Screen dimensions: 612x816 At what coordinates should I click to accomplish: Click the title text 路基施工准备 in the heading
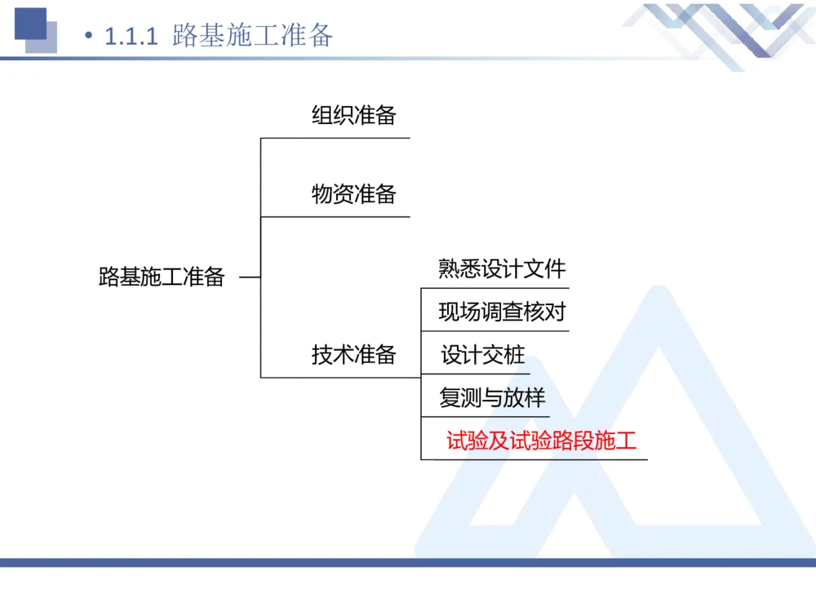tap(253, 36)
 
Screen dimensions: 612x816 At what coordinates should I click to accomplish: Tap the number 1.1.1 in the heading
tap(131, 37)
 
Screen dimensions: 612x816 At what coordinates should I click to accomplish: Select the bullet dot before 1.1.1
tap(90, 37)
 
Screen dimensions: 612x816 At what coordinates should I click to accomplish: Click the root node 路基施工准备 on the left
tap(162, 277)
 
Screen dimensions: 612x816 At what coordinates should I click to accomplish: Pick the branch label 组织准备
tap(353, 115)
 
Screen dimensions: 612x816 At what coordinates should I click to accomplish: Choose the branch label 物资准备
tap(353, 194)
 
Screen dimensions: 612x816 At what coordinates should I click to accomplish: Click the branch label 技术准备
tap(353, 354)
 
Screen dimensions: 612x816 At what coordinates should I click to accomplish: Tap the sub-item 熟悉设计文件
tap(501, 268)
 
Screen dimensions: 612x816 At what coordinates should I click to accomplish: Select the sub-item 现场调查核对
tap(501, 312)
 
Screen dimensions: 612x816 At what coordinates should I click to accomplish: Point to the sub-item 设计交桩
tap(482, 355)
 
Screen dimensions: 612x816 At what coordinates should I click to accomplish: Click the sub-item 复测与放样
tap(492, 398)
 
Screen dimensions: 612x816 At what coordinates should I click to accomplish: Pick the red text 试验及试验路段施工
tap(541, 441)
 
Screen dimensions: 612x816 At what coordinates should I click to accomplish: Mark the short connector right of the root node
tap(250, 277)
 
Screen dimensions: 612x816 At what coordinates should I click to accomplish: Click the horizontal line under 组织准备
tap(335, 138)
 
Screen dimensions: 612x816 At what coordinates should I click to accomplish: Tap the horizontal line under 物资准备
tap(335, 217)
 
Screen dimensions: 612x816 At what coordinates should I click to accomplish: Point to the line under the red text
tap(534, 459)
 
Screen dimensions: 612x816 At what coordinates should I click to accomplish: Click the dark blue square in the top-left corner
tap(30, 23)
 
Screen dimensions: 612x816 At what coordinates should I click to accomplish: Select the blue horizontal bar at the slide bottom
tap(408, 562)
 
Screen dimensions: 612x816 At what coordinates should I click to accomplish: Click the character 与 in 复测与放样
tap(492, 398)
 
